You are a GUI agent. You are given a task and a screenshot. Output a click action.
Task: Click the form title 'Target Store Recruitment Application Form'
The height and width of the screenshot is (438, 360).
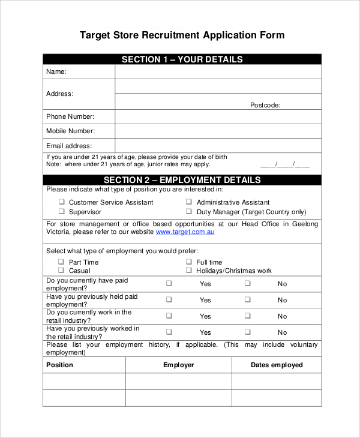[182, 35]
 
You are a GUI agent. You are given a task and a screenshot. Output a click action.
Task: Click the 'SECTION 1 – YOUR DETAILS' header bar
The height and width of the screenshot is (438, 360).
[182, 59]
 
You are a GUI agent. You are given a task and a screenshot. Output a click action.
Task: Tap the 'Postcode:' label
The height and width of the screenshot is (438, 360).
[265, 105]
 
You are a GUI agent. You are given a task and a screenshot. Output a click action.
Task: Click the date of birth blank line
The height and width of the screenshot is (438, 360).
[285, 164]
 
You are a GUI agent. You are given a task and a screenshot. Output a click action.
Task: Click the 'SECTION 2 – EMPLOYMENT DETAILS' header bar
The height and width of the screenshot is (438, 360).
[182, 180]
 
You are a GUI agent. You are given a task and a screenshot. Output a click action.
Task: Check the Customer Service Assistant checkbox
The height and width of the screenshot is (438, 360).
[61, 202]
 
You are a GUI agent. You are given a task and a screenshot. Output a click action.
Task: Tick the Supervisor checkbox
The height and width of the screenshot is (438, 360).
[61, 212]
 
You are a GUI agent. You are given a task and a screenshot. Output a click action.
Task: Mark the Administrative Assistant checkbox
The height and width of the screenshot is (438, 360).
[188, 202]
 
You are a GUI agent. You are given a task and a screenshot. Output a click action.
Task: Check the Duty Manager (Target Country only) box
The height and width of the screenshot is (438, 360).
[188, 212]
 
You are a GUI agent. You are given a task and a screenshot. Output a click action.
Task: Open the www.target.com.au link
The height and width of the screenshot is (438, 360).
[185, 232]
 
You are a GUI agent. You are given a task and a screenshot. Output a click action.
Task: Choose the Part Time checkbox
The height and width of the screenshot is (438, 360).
[61, 262]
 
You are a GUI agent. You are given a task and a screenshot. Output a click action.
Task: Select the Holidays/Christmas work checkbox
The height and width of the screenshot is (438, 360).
[188, 271]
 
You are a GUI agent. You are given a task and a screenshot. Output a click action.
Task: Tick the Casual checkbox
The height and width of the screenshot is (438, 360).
[61, 271]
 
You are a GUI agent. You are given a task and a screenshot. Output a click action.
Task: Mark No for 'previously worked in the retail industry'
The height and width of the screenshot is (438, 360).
[247, 332]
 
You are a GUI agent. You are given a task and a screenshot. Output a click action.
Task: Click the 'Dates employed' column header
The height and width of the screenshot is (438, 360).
[277, 365]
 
